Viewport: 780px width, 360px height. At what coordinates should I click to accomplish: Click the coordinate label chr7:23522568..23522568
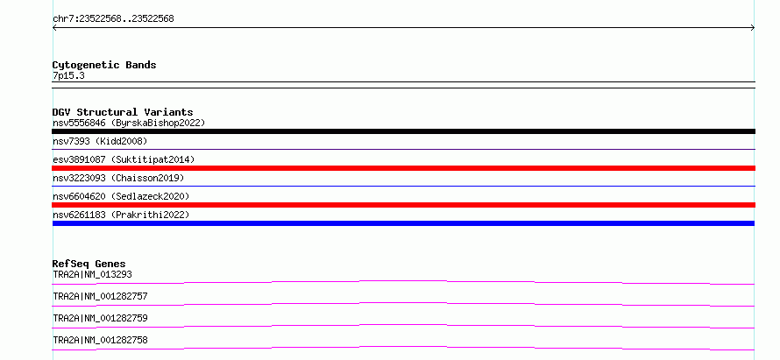pos(113,19)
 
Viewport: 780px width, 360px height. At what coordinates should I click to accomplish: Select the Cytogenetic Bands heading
pos(104,65)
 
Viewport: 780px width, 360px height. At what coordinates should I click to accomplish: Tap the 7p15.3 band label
pos(68,75)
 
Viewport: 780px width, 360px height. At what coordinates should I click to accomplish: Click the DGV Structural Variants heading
pos(123,112)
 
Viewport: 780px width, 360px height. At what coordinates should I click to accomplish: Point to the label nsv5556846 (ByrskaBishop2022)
pos(129,123)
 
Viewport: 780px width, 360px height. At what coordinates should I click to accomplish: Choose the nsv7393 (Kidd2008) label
pos(100,141)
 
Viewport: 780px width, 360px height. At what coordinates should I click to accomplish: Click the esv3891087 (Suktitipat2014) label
pos(124,159)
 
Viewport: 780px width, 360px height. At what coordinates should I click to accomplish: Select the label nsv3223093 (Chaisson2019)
pos(118,178)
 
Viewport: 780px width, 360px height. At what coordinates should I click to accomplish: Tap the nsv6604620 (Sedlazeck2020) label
pos(121,196)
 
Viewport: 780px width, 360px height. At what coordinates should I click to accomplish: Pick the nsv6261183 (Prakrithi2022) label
pos(121,215)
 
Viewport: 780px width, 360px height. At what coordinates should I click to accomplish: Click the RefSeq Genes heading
pos(89,264)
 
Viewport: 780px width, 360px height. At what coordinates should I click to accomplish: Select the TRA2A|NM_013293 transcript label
pos(93,274)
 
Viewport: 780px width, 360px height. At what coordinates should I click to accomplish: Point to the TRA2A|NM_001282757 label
pos(100,296)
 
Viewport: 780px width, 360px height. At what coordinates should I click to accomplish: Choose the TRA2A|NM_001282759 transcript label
pos(100,318)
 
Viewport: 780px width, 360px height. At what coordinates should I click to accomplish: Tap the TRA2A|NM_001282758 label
pos(100,340)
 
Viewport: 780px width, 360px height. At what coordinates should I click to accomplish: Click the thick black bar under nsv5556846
pos(403,131)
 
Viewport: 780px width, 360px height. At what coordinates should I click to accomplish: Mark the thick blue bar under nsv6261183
pos(403,223)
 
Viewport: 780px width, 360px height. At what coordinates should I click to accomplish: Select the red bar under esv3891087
pos(403,168)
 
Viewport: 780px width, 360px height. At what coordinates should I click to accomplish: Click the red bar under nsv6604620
pos(403,205)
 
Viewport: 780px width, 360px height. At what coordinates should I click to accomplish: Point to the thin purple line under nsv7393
pos(403,149)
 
